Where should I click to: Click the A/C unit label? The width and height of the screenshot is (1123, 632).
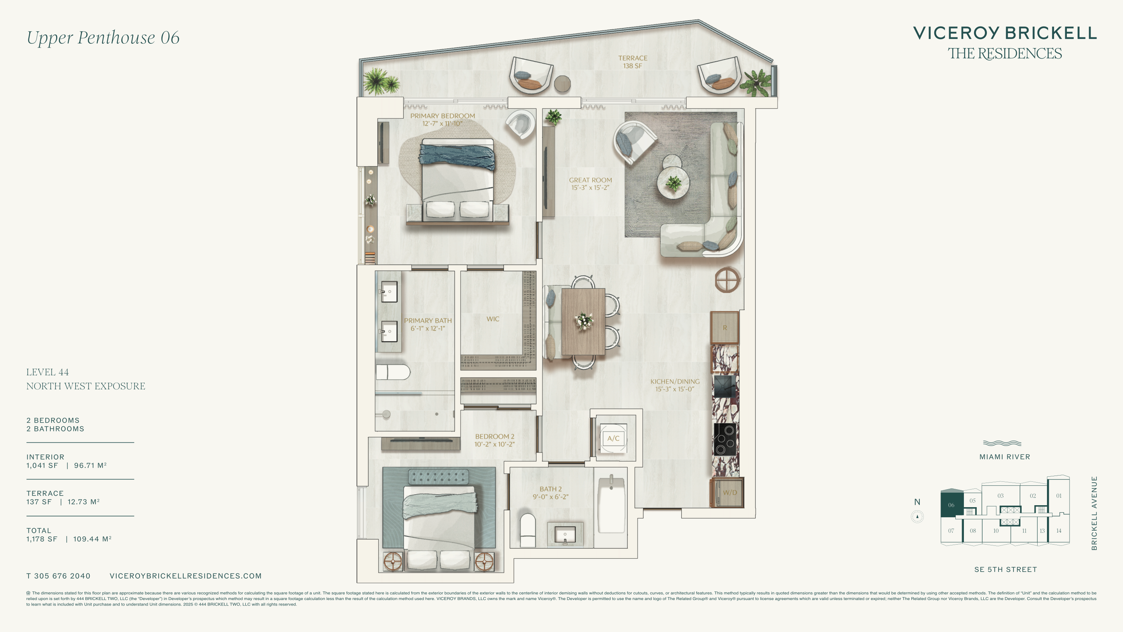click(x=613, y=438)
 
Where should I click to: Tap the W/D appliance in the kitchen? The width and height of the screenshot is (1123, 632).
click(x=727, y=493)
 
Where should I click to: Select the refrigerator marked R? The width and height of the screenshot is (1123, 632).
click(x=724, y=328)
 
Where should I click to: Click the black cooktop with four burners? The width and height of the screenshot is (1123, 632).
click(x=725, y=439)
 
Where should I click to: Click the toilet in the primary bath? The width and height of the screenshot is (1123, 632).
click(x=393, y=372)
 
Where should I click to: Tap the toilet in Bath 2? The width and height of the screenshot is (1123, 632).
click(x=528, y=530)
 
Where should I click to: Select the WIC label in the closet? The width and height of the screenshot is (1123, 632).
click(x=492, y=319)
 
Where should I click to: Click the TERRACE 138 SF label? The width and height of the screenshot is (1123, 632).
click(x=632, y=62)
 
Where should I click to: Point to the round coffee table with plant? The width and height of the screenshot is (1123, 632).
click(x=673, y=183)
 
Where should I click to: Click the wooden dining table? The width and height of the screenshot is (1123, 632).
click(x=583, y=321)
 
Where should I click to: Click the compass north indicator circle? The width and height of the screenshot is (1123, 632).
click(x=917, y=517)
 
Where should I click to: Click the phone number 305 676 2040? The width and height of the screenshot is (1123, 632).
click(x=62, y=576)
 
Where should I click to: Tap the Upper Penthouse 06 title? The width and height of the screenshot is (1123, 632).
click(x=103, y=37)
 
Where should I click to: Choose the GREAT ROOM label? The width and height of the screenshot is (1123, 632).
click(x=590, y=180)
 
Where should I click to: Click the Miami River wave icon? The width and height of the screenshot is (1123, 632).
click(x=1002, y=444)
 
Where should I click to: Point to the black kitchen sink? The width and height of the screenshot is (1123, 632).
click(x=724, y=386)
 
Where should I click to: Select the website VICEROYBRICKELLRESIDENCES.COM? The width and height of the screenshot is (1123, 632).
click(x=186, y=576)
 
